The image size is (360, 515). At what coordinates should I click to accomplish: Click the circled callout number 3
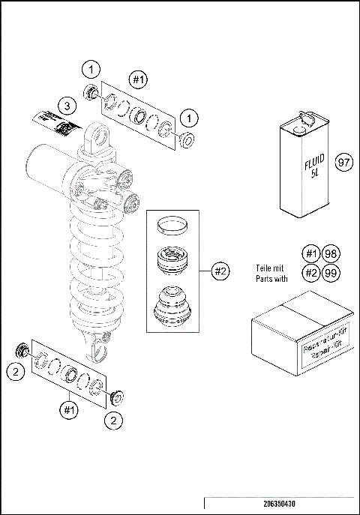[x=67, y=106]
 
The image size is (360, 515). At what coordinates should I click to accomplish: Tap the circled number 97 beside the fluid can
[x=344, y=163]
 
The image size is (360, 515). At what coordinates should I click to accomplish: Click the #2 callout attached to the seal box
[x=220, y=271]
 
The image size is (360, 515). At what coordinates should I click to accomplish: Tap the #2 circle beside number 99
[x=311, y=272]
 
